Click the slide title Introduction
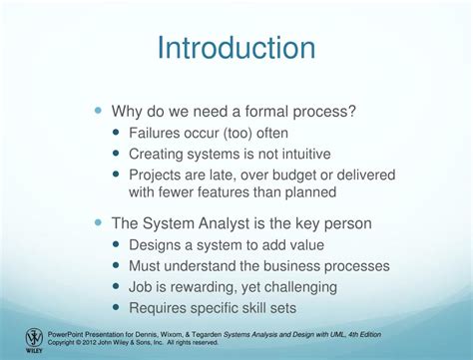(236, 48)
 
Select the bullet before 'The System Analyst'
(98, 223)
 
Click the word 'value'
(304, 245)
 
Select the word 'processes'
(354, 266)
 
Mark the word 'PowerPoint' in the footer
(69, 333)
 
